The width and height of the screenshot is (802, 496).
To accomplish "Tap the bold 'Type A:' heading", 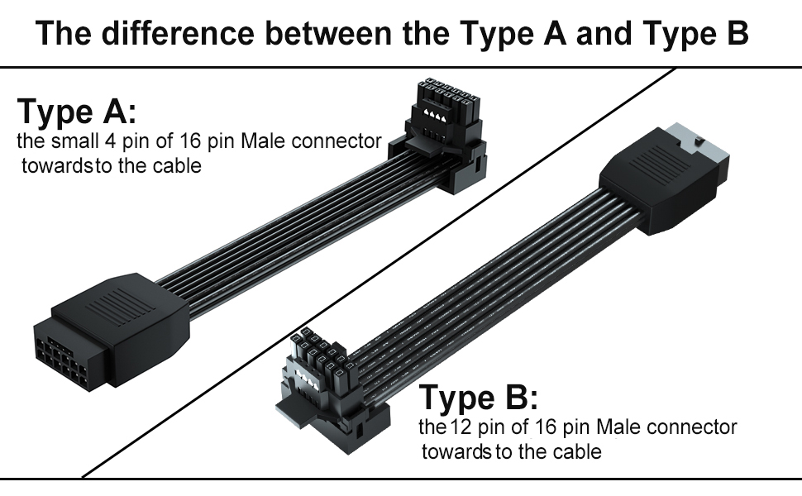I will [76, 111].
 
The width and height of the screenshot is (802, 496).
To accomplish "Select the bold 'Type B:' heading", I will [479, 398].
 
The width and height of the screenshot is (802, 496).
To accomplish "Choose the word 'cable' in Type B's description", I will [579, 452].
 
